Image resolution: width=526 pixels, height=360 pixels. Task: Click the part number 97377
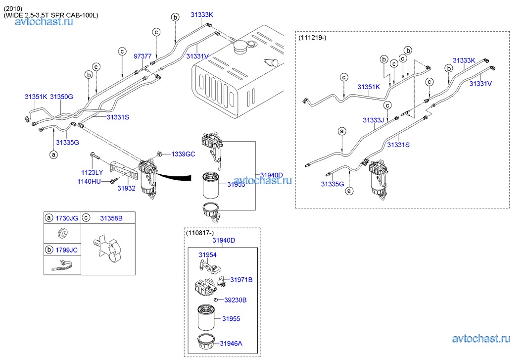(143, 56)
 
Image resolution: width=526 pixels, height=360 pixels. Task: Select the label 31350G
(62, 97)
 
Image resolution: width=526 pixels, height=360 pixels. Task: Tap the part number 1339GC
(183, 154)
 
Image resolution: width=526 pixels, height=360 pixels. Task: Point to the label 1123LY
(92, 172)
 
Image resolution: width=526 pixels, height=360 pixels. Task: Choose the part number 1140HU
(89, 182)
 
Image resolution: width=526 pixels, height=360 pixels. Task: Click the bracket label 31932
(126, 189)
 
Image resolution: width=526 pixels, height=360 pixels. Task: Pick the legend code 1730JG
(66, 217)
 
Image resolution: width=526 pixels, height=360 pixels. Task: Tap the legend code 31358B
(111, 217)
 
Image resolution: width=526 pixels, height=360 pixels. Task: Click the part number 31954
(208, 255)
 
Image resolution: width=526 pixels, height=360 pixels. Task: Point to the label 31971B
(241, 280)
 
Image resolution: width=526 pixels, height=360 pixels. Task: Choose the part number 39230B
(235, 300)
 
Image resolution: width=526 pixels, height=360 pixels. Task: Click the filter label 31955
(231, 319)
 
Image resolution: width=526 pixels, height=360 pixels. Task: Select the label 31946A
(231, 342)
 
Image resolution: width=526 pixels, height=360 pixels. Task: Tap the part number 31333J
(373, 120)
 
